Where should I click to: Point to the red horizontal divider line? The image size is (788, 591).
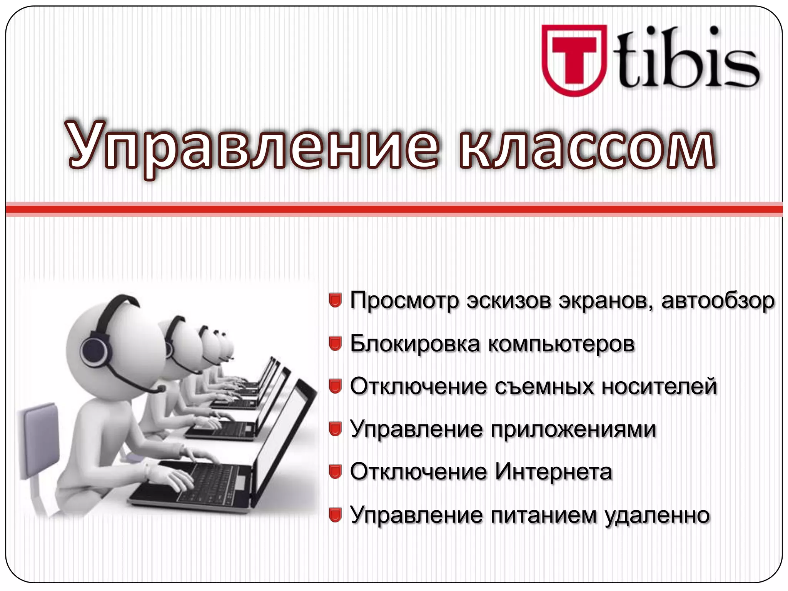point(394,209)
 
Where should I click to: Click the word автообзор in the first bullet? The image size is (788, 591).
point(718,301)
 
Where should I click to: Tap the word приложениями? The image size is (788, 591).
point(573,429)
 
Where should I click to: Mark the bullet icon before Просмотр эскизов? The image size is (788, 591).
point(336,301)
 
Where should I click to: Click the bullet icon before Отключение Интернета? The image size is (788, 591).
point(336,472)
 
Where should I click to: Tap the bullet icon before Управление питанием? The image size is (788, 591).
point(336,515)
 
